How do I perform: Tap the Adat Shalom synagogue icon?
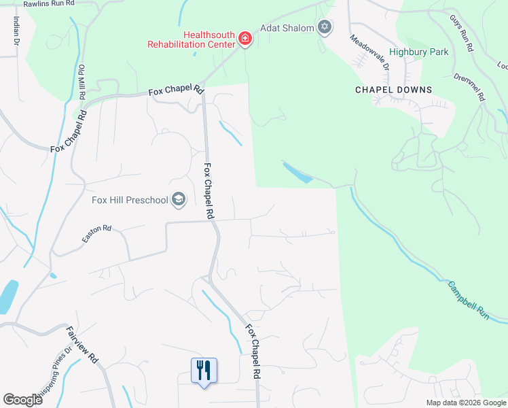tap(325, 28)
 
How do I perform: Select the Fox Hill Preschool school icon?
tap(179, 199)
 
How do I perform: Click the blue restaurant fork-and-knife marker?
tap(204, 371)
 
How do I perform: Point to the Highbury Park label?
tap(418, 52)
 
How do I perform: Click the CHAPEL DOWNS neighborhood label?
tap(393, 89)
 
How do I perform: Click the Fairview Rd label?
tap(83, 344)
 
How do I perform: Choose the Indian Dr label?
tap(15, 31)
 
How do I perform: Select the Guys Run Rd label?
tap(461, 33)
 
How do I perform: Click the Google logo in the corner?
tap(22, 399)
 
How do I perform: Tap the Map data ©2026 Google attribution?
tap(465, 403)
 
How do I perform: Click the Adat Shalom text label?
tap(287, 29)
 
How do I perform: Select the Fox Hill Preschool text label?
tap(130, 200)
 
